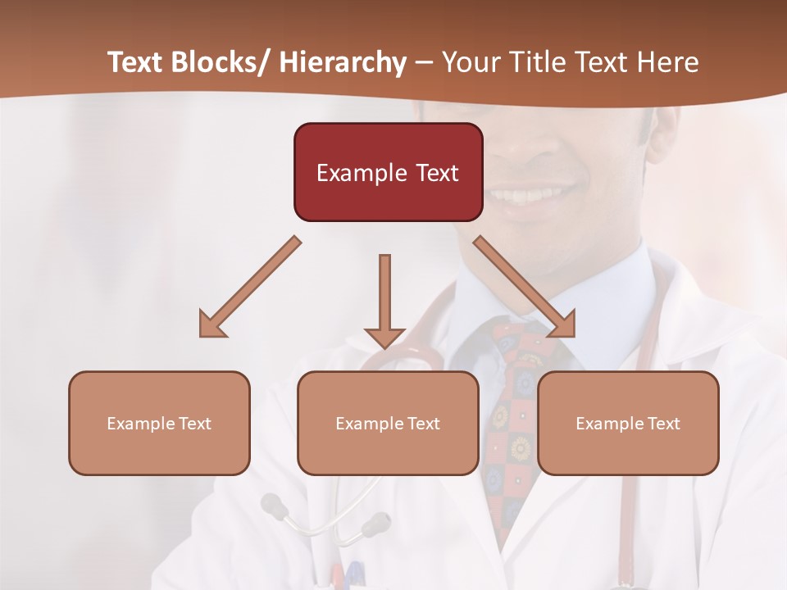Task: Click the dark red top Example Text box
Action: click(388, 172)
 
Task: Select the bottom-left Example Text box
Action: click(159, 423)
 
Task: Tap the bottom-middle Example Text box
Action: click(388, 423)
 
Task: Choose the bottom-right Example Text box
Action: click(628, 423)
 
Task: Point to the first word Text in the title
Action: click(137, 62)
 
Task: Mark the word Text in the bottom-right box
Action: click(662, 424)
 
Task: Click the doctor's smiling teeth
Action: click(533, 196)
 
